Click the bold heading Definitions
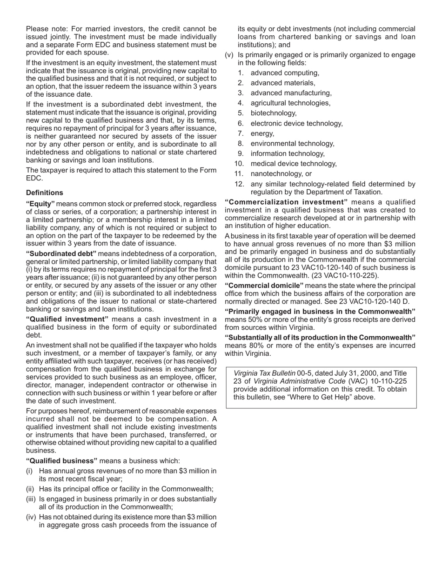45,193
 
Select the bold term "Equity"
40,204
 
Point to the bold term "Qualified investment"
67,319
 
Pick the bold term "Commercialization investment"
286,202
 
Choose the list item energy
262,133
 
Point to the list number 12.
239,184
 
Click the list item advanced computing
285,73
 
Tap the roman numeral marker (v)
229,55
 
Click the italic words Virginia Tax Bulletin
264,373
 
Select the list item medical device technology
293,164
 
